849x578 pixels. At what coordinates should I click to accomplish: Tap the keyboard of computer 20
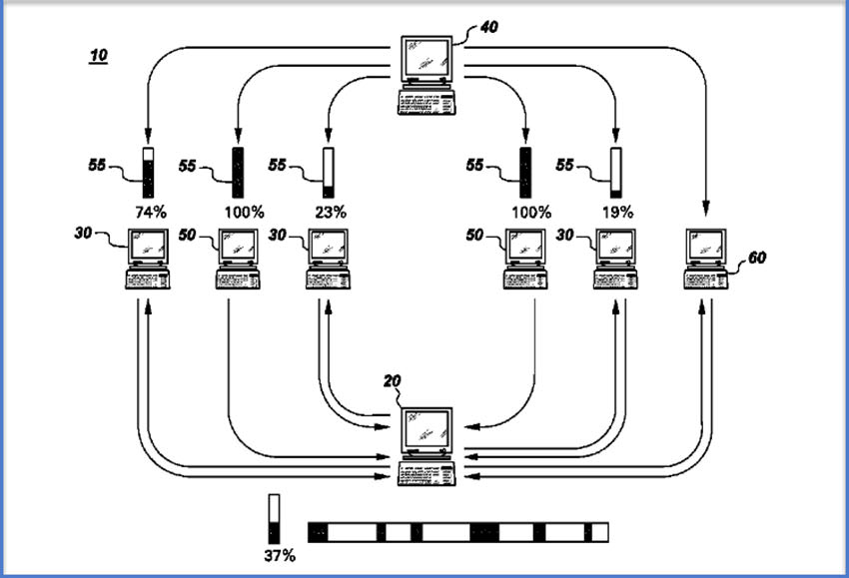424,472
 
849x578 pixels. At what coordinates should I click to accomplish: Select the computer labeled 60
706,259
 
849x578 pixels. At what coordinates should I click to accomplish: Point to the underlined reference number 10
99,56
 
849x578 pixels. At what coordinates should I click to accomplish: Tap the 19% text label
617,212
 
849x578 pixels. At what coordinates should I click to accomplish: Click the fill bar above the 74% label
149,172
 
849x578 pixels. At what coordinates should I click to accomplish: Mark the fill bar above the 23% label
328,172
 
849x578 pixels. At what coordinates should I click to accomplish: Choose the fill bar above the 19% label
616,172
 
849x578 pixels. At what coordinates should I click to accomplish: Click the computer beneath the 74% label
148,259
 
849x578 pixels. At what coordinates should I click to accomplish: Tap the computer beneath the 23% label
327,259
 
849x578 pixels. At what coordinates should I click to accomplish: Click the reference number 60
758,258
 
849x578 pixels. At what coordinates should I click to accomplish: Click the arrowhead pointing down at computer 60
706,210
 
